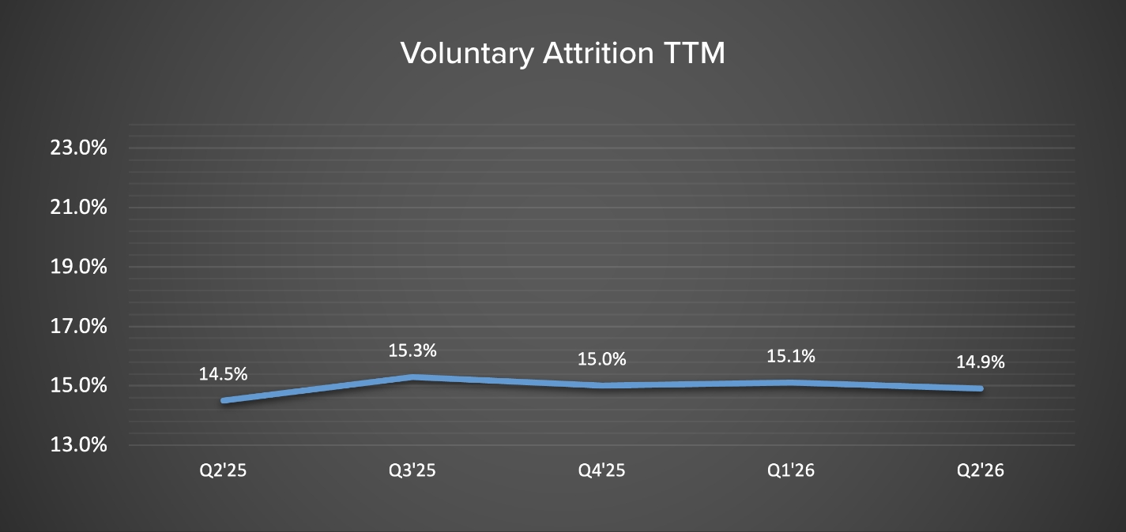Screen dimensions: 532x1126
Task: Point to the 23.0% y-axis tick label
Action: [78, 148]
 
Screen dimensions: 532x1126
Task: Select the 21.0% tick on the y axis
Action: [78, 208]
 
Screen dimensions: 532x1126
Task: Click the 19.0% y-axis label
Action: [78, 267]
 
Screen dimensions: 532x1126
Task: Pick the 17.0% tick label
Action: [78, 326]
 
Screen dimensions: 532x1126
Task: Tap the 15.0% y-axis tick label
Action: [78, 386]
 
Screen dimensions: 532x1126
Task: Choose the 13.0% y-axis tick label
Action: [78, 445]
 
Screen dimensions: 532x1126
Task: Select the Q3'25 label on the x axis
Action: [412, 471]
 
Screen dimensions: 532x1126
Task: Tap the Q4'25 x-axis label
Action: [601, 471]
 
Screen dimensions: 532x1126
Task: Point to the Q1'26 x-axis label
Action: [791, 471]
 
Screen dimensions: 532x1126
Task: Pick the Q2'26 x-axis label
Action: [981, 471]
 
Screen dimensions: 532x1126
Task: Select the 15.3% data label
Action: [412, 350]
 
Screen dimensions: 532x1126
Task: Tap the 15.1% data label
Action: [791, 356]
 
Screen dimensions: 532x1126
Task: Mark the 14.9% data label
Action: [981, 362]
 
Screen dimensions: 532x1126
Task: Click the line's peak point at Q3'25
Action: [412, 377]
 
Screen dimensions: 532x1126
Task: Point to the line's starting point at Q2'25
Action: [224, 401]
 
